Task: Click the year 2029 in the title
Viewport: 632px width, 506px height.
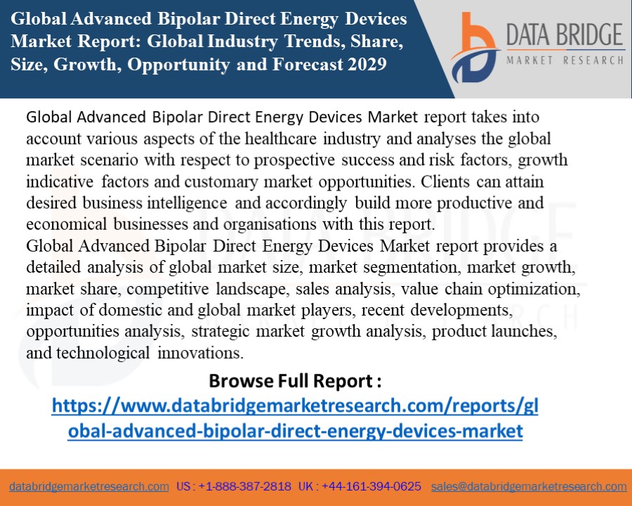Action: (365, 65)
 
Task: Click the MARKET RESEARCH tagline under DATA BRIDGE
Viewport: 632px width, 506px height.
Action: (565, 60)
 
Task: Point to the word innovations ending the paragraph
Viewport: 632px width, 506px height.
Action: (200, 353)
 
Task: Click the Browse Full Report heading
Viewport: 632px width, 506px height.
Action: (295, 381)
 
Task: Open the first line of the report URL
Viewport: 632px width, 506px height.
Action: (295, 406)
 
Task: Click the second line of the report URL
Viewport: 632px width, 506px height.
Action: (295, 430)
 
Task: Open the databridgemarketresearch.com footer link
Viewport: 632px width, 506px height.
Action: (89, 486)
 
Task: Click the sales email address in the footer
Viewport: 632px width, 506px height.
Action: (529, 486)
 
